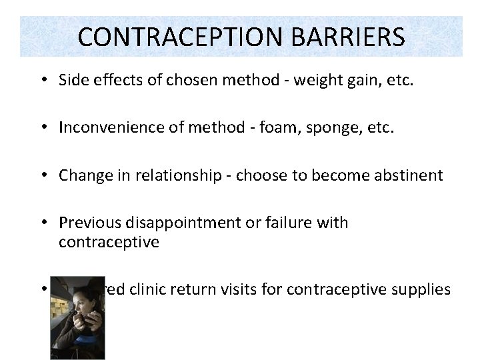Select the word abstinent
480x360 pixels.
tap(405, 175)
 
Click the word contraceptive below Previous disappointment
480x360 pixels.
tap(109, 242)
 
